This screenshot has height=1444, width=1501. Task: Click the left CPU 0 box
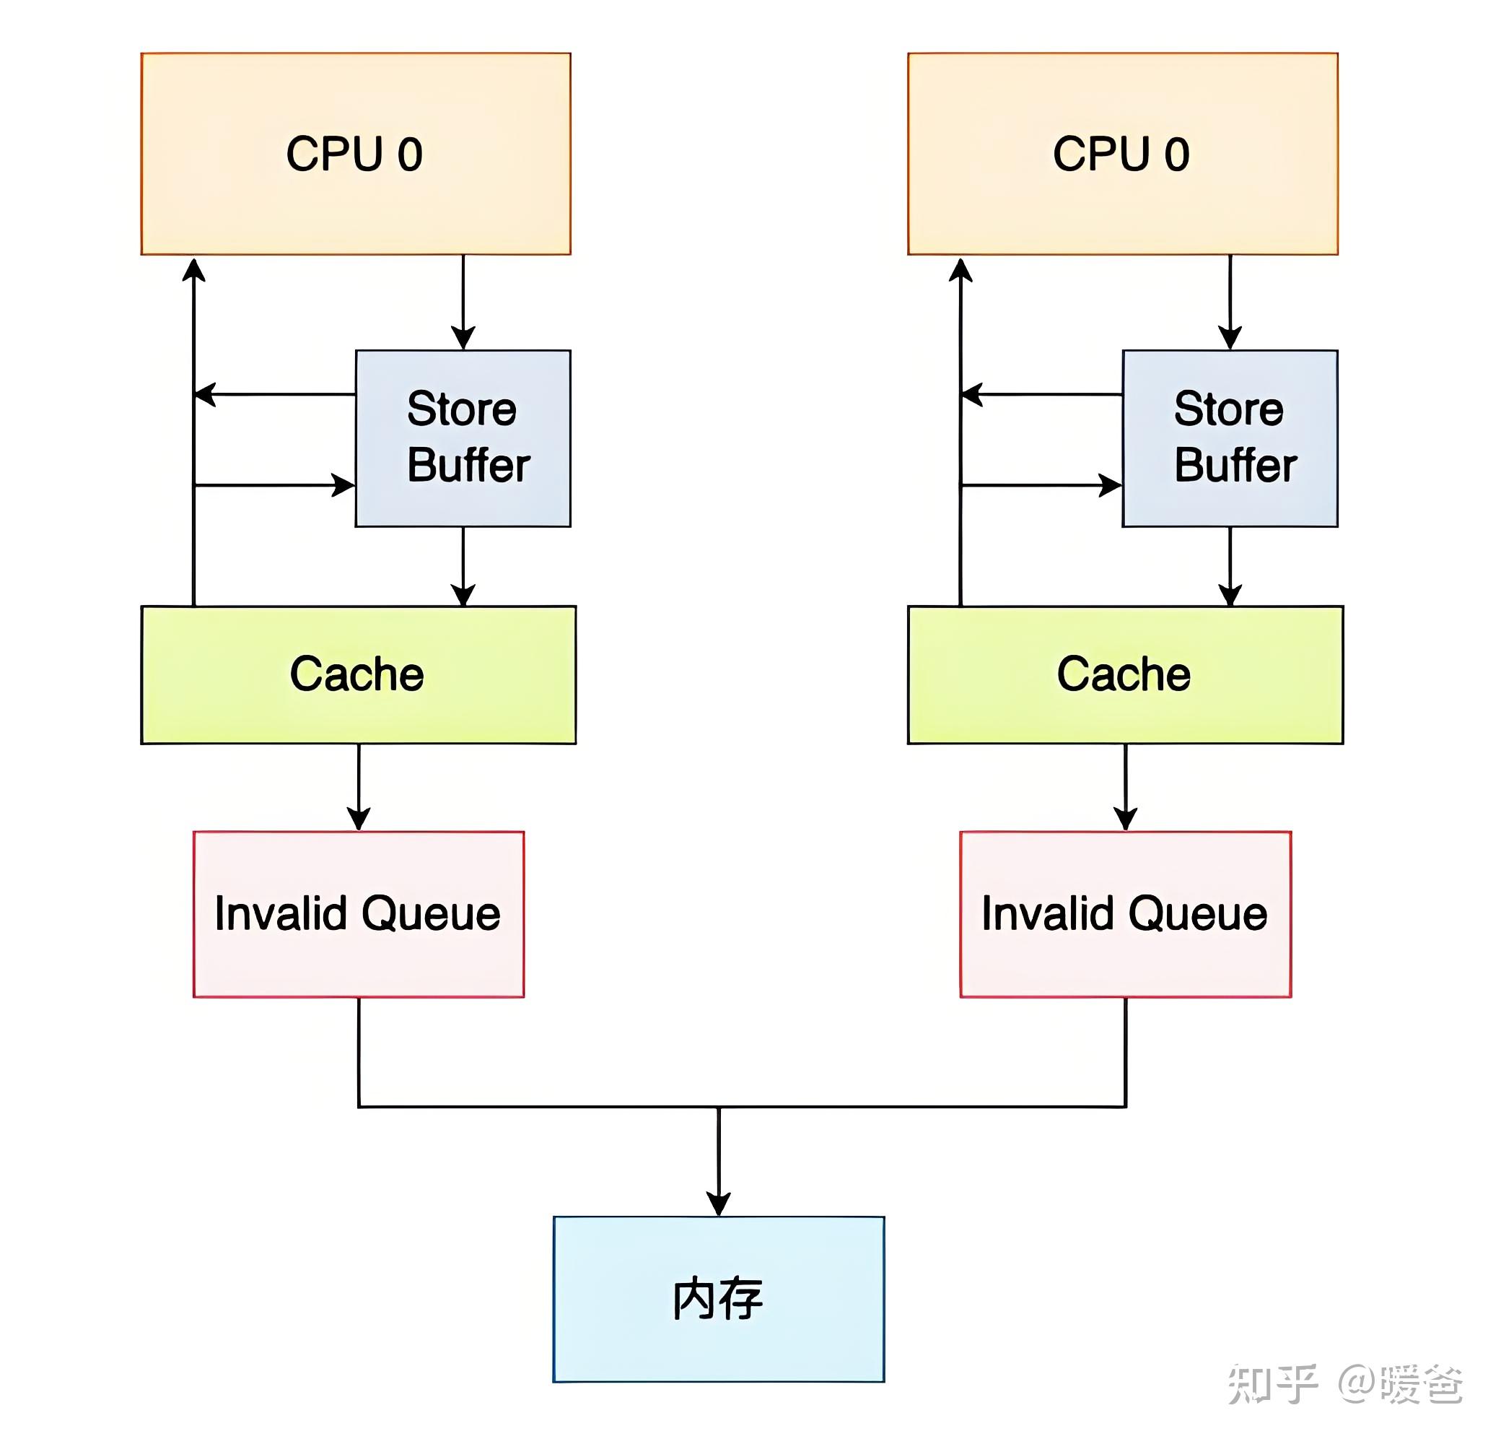pos(355,153)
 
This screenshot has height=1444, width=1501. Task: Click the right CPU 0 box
pos(1122,153)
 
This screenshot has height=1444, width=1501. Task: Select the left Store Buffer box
pos(463,438)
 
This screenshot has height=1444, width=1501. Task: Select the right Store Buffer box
pos(1229,438)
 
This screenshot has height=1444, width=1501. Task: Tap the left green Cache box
pos(358,674)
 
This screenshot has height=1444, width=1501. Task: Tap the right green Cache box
pos(1124,674)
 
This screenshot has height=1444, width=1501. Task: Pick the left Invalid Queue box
pos(358,913)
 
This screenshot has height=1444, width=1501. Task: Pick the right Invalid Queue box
pos(1124,913)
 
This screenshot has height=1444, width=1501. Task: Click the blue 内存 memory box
pos(717,1298)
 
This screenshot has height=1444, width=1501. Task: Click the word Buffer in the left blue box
pos(468,465)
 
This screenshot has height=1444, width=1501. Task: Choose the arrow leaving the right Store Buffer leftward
pos(1041,394)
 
